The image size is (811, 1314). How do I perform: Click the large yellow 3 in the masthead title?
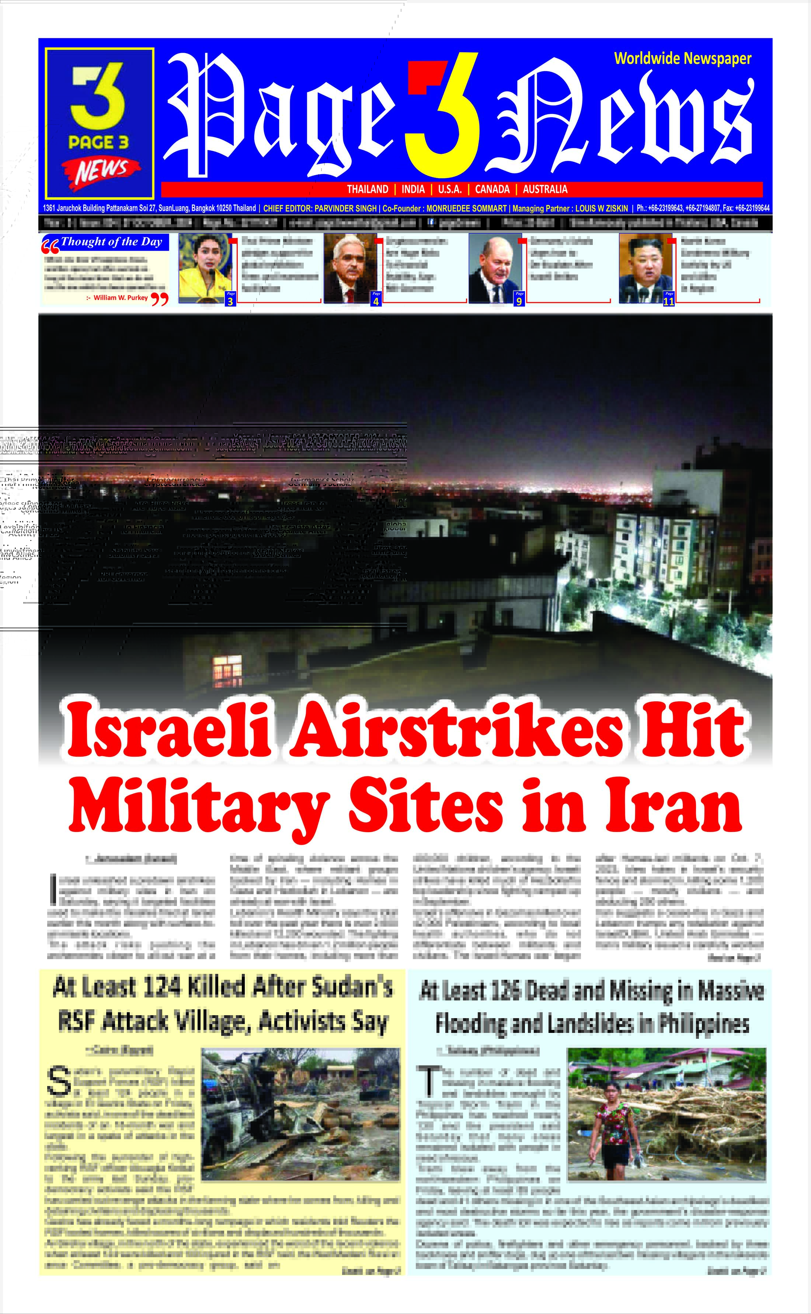click(441, 115)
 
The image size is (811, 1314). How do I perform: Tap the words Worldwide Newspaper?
click(682, 59)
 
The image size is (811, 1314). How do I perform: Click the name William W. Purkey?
click(121, 297)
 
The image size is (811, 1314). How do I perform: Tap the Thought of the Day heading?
click(111, 242)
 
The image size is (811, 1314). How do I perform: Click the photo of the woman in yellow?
click(205, 267)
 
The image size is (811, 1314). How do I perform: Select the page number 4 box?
click(376, 301)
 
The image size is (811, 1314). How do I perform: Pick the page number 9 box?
click(519, 301)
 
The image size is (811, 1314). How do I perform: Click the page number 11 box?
click(668, 301)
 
